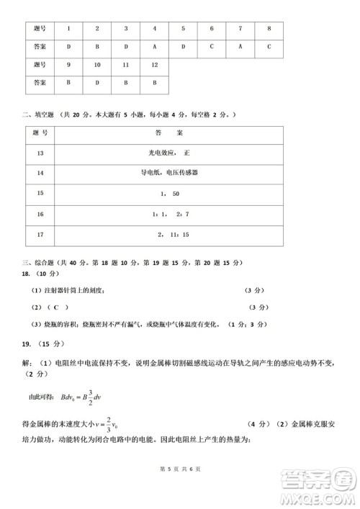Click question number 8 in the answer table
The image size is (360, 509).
pos(269,28)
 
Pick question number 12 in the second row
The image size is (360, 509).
pos(154,65)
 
